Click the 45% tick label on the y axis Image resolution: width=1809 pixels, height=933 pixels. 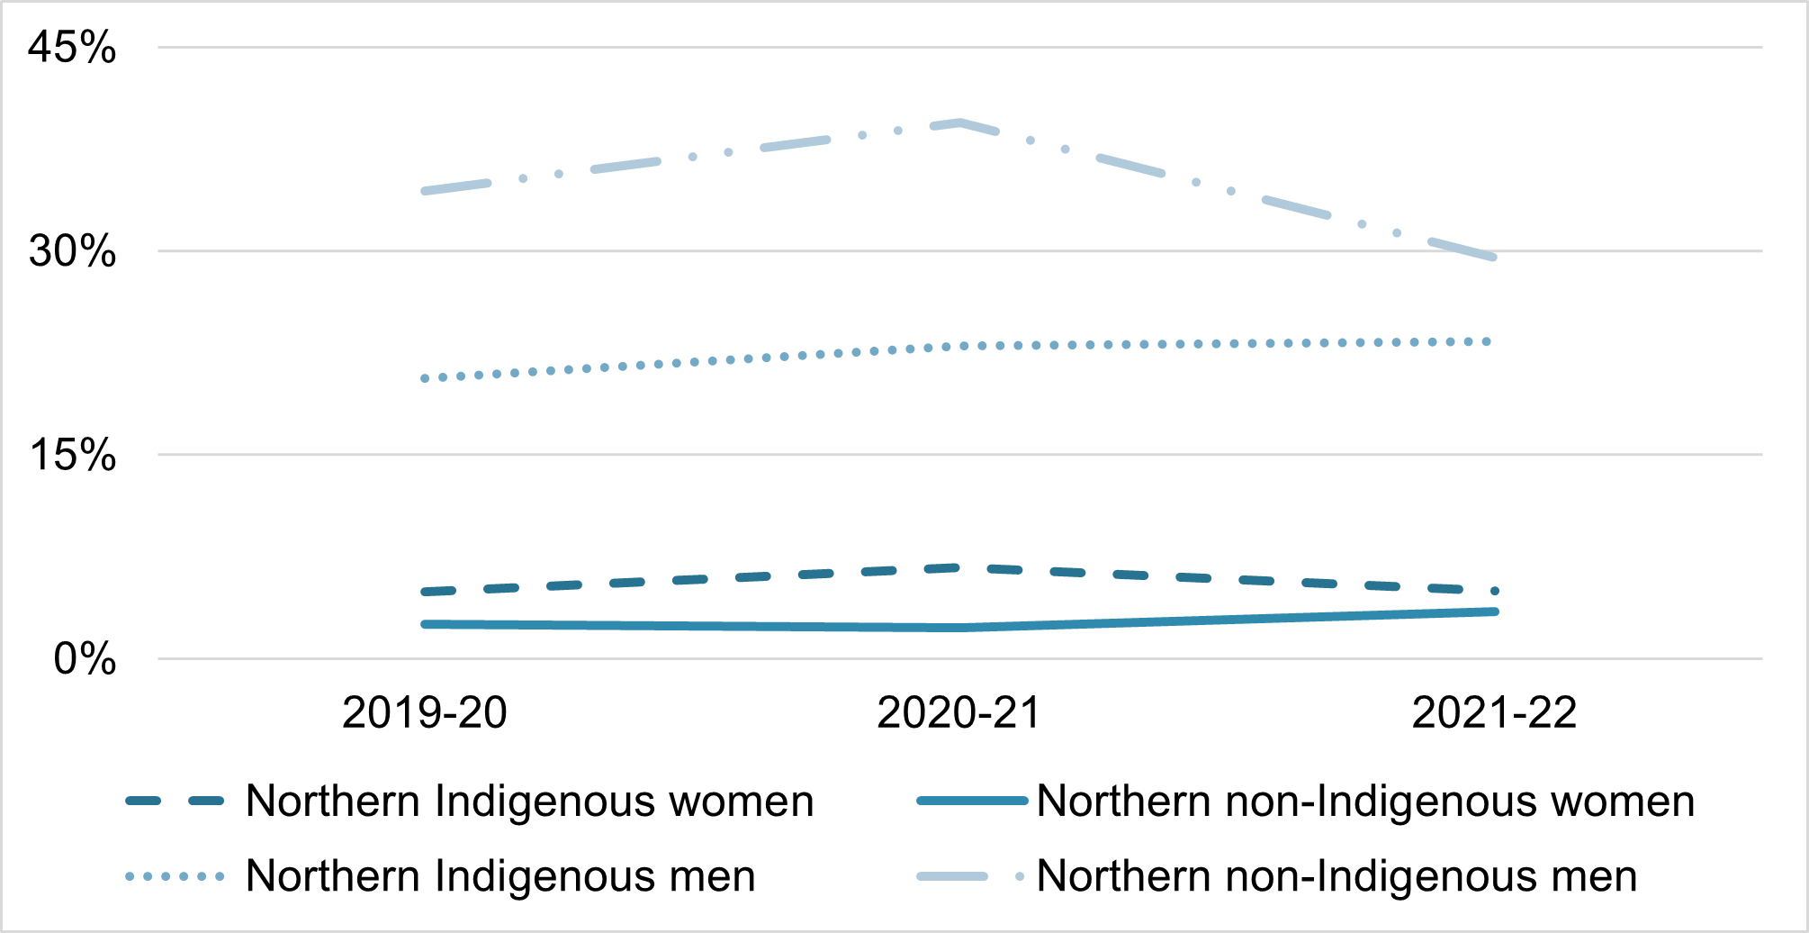[x=72, y=47]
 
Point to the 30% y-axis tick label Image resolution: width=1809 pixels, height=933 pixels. [x=72, y=251]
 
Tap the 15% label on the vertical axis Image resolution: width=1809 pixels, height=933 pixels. [x=72, y=455]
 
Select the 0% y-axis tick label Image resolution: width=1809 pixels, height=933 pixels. [x=85, y=659]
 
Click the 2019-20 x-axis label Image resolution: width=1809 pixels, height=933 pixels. [x=425, y=713]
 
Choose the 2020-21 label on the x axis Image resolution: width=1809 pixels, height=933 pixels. [x=959, y=713]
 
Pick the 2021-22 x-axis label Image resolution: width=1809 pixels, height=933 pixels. [x=1495, y=713]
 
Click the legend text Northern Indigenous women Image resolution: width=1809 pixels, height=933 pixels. [x=530, y=802]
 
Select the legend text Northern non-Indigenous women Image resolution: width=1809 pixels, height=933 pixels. [x=1366, y=802]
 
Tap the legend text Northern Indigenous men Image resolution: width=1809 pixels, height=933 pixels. [x=500, y=876]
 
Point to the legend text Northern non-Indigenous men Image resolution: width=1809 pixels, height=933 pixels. [x=1337, y=876]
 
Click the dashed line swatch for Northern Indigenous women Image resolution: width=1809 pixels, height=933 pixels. [x=175, y=801]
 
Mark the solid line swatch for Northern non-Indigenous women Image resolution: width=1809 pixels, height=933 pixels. [x=972, y=801]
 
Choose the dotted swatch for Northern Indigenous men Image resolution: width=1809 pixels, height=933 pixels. [x=175, y=876]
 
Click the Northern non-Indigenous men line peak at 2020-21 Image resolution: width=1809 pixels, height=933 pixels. [x=960, y=122]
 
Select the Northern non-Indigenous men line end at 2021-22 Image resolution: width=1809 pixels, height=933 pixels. [x=1494, y=258]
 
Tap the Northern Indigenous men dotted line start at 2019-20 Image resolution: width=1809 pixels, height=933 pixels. [x=425, y=378]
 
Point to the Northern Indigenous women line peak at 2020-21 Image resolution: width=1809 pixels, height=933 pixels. [x=960, y=567]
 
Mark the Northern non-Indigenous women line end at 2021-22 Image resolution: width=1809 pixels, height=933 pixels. [x=1495, y=611]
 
